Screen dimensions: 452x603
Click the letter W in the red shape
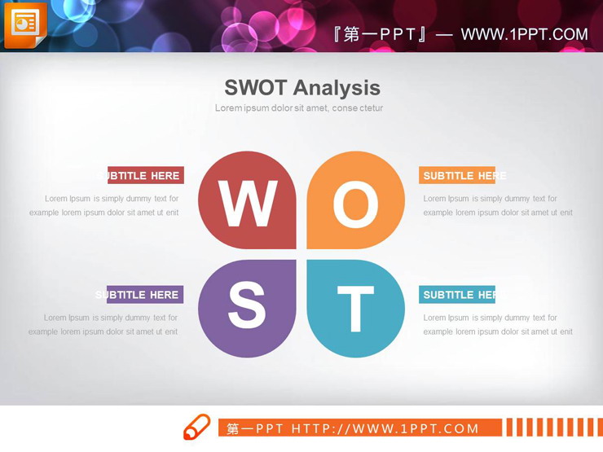(247, 204)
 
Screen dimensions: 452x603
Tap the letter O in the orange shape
(355, 204)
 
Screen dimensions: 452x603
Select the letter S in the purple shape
(247, 306)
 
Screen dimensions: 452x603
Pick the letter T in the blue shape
(355, 309)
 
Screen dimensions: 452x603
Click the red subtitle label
(145, 175)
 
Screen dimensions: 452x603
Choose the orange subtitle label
(457, 175)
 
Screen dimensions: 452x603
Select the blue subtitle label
(457, 295)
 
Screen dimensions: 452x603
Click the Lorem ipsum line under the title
(299, 108)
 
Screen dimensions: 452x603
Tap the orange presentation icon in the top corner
(24, 24)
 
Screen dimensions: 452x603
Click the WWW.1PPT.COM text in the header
(524, 34)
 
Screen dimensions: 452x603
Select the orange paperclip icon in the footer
(196, 428)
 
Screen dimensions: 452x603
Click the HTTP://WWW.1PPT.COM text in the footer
(385, 428)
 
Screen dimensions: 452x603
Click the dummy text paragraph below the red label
(104, 205)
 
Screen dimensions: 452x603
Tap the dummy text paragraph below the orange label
(497, 205)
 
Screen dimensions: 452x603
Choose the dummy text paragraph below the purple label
(103, 325)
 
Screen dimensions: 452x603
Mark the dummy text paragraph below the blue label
(497, 325)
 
